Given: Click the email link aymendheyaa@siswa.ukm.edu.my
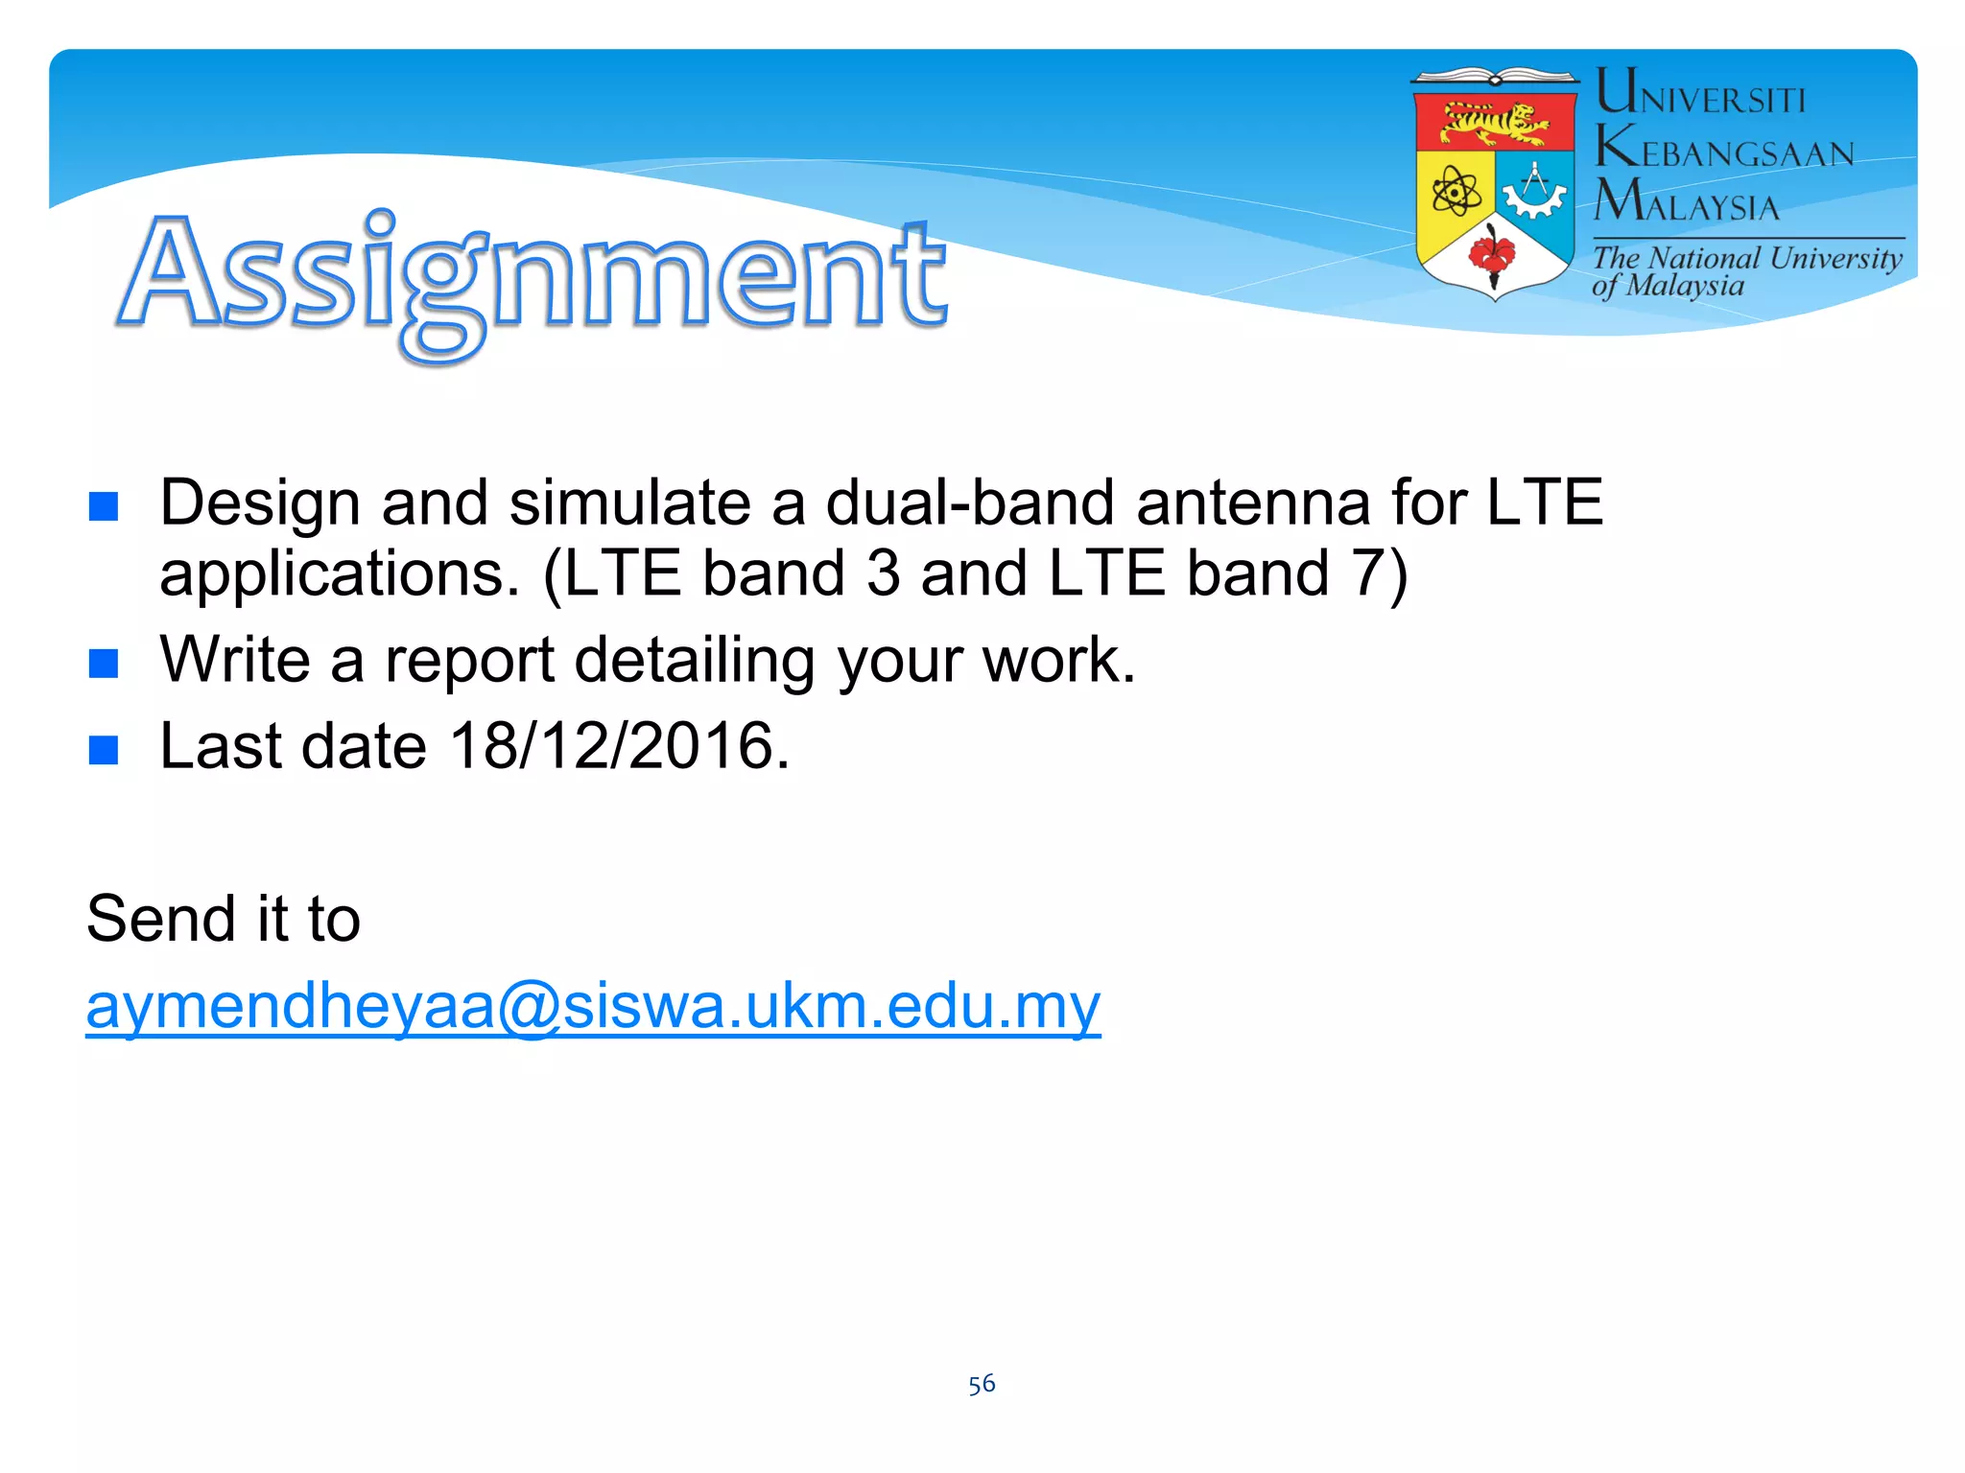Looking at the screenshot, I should point(593,1007).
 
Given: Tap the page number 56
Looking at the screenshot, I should point(982,1384).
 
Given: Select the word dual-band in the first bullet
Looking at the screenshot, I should point(969,503).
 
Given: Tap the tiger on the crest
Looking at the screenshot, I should point(1495,123).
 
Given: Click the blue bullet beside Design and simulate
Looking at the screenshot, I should point(104,505).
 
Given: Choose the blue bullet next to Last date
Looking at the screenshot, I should point(104,749).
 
